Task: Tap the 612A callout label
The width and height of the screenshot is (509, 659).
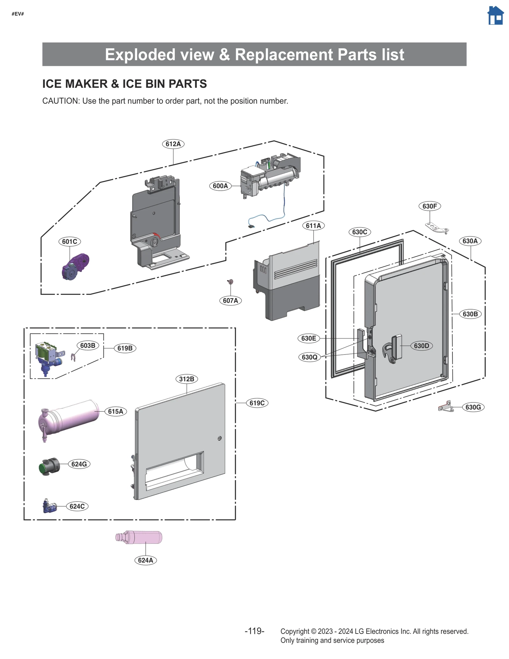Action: tap(173, 144)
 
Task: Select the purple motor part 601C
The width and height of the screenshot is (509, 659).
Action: tap(75, 266)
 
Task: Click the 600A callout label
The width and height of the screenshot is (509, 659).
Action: tap(220, 186)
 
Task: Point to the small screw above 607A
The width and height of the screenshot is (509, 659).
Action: tap(231, 281)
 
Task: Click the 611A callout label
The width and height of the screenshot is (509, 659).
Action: tap(313, 226)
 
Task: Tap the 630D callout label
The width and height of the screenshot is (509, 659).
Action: tap(422, 346)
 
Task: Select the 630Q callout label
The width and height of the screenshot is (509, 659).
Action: tap(310, 357)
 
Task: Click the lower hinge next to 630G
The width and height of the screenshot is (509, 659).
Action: tap(446, 407)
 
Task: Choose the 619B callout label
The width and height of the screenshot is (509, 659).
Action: tap(125, 348)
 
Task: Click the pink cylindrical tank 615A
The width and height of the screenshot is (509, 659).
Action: tap(70, 416)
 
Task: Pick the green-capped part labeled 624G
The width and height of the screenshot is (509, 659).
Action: tap(49, 466)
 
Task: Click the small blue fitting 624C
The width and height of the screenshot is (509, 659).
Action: tap(49, 506)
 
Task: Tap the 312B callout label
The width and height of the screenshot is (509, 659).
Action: tap(186, 379)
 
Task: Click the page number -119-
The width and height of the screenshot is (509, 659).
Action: tap(254, 631)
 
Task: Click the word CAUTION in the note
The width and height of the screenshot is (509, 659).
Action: tap(60, 101)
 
